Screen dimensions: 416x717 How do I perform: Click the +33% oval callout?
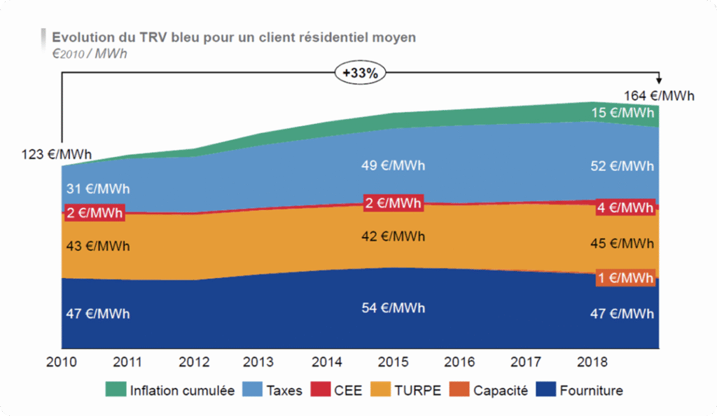(361, 72)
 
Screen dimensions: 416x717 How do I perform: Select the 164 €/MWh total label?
(659, 96)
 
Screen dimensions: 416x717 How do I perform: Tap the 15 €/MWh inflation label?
(622, 113)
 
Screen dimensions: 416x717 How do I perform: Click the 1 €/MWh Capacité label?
(626, 278)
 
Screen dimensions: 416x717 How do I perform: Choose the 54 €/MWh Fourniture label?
(393, 309)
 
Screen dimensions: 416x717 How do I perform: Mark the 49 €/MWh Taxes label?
(393, 166)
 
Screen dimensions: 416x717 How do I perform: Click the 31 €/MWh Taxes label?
(97, 189)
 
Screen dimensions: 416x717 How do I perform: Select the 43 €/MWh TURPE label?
(97, 247)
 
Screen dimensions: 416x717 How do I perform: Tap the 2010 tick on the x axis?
(62, 362)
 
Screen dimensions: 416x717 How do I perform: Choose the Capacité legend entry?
(490, 391)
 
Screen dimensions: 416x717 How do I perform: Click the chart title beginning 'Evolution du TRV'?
(234, 36)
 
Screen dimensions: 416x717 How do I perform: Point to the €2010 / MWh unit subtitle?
(90, 53)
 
